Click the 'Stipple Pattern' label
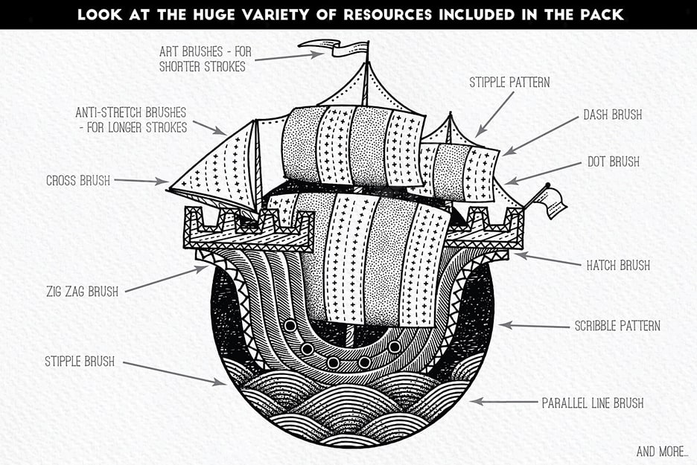[x=509, y=82]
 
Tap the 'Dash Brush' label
[x=612, y=115]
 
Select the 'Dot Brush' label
[x=612, y=161]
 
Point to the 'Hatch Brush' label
[x=618, y=265]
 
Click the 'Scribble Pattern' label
[x=617, y=326]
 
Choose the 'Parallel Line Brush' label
[x=592, y=403]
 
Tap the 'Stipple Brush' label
[x=80, y=362]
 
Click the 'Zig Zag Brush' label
[x=82, y=291]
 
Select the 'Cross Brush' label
[x=78, y=181]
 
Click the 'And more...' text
[x=662, y=451]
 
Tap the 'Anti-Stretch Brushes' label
[x=130, y=120]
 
